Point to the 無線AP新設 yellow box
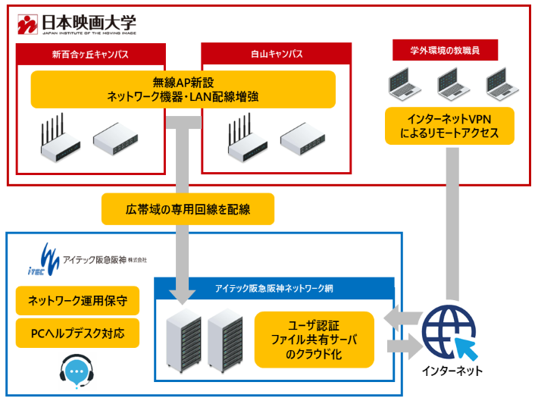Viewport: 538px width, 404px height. [183, 89]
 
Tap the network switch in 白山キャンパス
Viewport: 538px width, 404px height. [302, 137]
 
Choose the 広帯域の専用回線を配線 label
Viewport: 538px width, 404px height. [187, 208]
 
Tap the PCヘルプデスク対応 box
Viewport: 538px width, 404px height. [77, 332]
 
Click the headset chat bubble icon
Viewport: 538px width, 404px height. [77, 371]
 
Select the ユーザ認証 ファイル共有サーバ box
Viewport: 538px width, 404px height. [314, 339]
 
